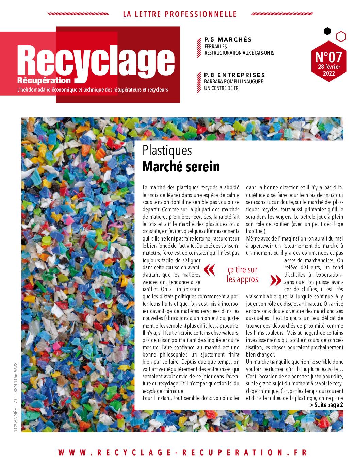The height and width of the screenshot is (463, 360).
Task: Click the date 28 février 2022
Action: (x=328, y=70)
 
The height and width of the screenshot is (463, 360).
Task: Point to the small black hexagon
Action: (x=327, y=31)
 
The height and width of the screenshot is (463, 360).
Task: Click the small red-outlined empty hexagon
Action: (x=341, y=36)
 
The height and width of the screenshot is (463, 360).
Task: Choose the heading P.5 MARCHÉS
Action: (x=228, y=39)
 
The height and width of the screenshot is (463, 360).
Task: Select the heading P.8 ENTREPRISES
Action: (x=234, y=75)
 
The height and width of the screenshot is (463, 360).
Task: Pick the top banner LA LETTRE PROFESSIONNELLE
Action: (x=180, y=14)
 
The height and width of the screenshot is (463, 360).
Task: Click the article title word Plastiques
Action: (x=167, y=150)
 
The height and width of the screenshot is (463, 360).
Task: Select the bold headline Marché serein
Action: (x=181, y=167)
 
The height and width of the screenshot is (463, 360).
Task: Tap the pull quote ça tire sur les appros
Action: (x=243, y=275)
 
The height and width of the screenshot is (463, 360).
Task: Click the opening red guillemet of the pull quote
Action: (x=209, y=270)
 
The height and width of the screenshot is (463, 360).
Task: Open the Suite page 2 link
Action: (x=326, y=405)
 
